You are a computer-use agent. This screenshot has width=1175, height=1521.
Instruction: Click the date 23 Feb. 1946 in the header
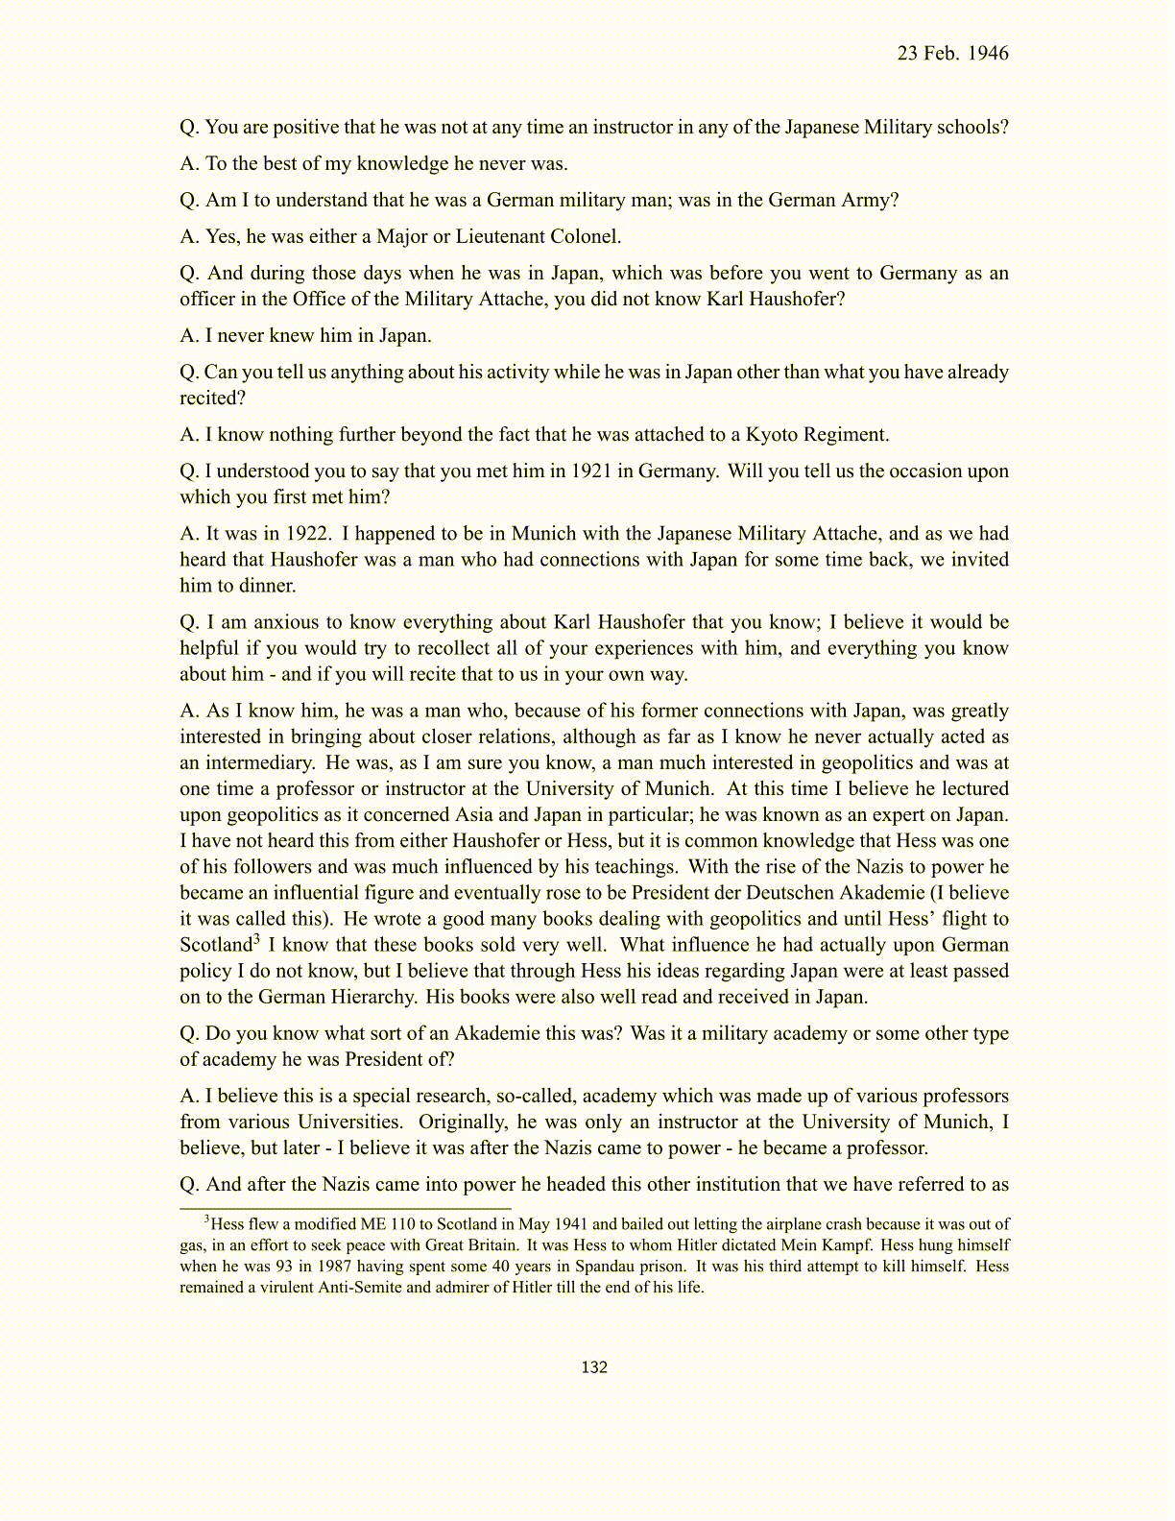tap(952, 54)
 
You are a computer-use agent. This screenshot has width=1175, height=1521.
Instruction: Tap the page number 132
tap(594, 1367)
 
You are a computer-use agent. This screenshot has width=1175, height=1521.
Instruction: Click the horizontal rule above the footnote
tap(346, 1208)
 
